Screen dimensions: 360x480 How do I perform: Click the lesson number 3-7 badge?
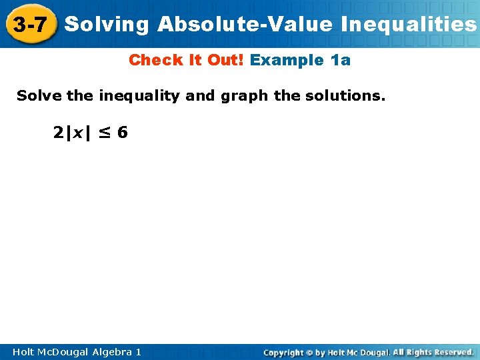[x=29, y=25]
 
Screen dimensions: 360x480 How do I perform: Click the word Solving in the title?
[x=107, y=25]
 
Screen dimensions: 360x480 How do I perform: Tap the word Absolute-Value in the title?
[x=245, y=25]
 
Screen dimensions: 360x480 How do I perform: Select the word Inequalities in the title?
[x=409, y=25]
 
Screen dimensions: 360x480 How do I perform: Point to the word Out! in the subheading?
[x=223, y=60]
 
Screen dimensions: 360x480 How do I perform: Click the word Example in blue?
[x=287, y=60]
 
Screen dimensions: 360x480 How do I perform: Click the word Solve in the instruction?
[x=39, y=96]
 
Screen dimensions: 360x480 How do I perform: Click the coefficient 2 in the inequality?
[x=58, y=133]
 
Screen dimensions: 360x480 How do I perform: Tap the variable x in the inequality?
[x=78, y=133]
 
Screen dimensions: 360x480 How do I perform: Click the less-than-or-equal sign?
[x=105, y=133]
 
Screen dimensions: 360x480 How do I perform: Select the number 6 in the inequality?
[x=122, y=133]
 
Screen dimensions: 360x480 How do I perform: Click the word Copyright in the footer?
[x=285, y=352]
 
